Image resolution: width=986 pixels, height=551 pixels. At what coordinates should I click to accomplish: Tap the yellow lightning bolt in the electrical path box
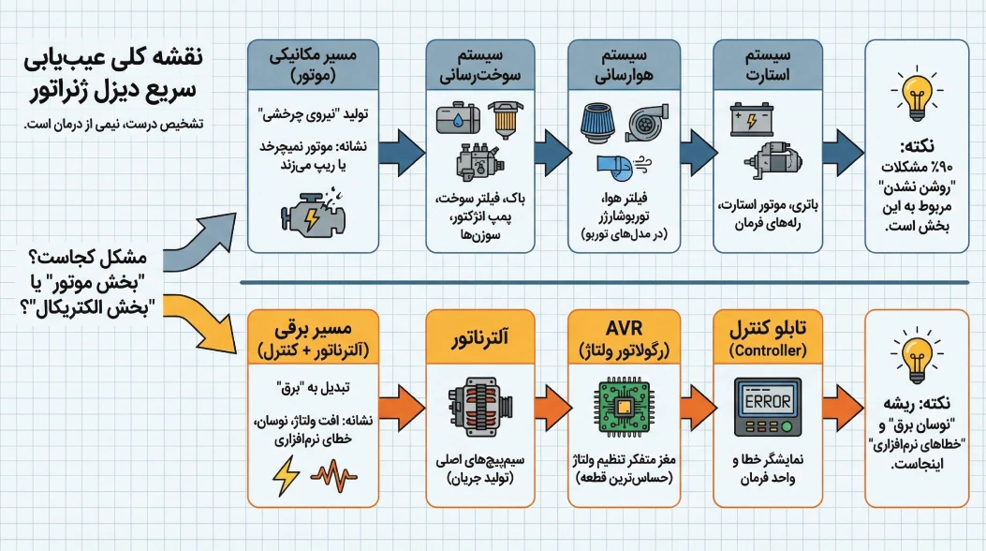pyautogui.click(x=286, y=475)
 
